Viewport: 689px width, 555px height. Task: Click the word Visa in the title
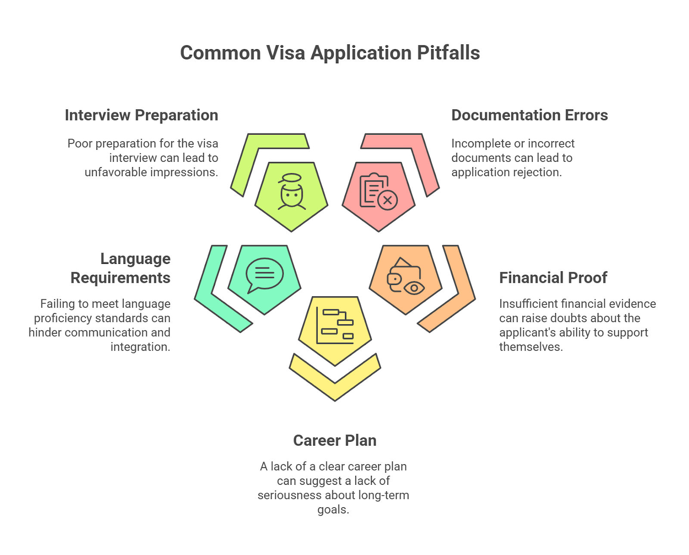tap(285, 53)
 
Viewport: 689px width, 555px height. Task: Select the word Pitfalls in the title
tap(448, 53)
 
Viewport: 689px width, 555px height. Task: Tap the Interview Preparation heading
tap(142, 115)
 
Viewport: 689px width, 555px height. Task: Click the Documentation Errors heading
tap(530, 115)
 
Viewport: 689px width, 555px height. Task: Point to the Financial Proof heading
tap(553, 278)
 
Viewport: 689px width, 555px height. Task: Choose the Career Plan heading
tap(335, 440)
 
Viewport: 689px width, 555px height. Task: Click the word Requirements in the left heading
tap(121, 278)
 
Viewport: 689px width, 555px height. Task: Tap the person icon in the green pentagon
tap(292, 192)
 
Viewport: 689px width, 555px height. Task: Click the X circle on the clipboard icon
tap(388, 201)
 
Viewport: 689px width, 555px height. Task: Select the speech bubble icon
tap(264, 275)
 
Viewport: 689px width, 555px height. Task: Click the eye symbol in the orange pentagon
tap(414, 288)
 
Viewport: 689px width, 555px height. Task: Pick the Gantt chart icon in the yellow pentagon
tap(335, 326)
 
